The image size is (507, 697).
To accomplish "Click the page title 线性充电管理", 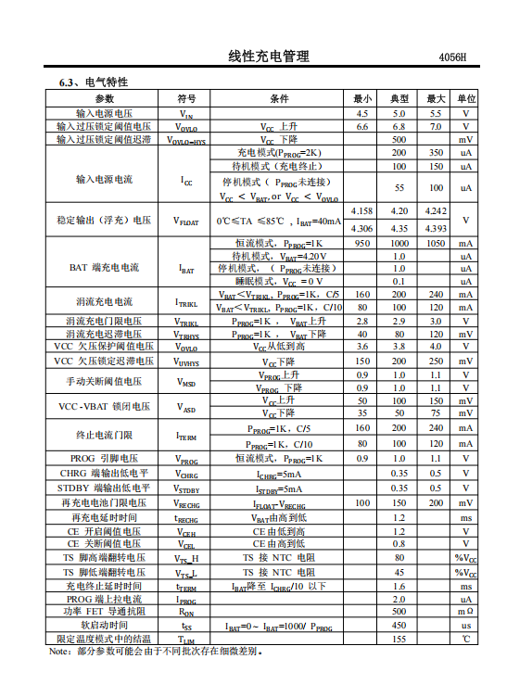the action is coord(269,57).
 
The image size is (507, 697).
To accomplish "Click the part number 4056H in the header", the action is coord(452,57).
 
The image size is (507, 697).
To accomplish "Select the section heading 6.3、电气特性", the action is coord(95,83).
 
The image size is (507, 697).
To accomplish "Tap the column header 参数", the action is coord(104,99).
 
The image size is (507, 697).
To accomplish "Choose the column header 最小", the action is coord(362,99).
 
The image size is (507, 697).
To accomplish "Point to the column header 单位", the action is coord(466,99).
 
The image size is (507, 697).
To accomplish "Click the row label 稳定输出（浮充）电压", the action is coord(104,221).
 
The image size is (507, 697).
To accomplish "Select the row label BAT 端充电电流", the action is coord(104,268).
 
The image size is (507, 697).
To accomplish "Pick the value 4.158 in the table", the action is coord(362,212).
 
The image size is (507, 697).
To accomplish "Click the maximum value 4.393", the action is coord(436,228).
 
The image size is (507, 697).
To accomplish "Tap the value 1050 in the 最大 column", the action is coord(436,243).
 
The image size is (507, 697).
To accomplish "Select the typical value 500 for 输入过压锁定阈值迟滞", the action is coord(399,139).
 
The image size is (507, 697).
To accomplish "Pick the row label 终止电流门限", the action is coord(104,436).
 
